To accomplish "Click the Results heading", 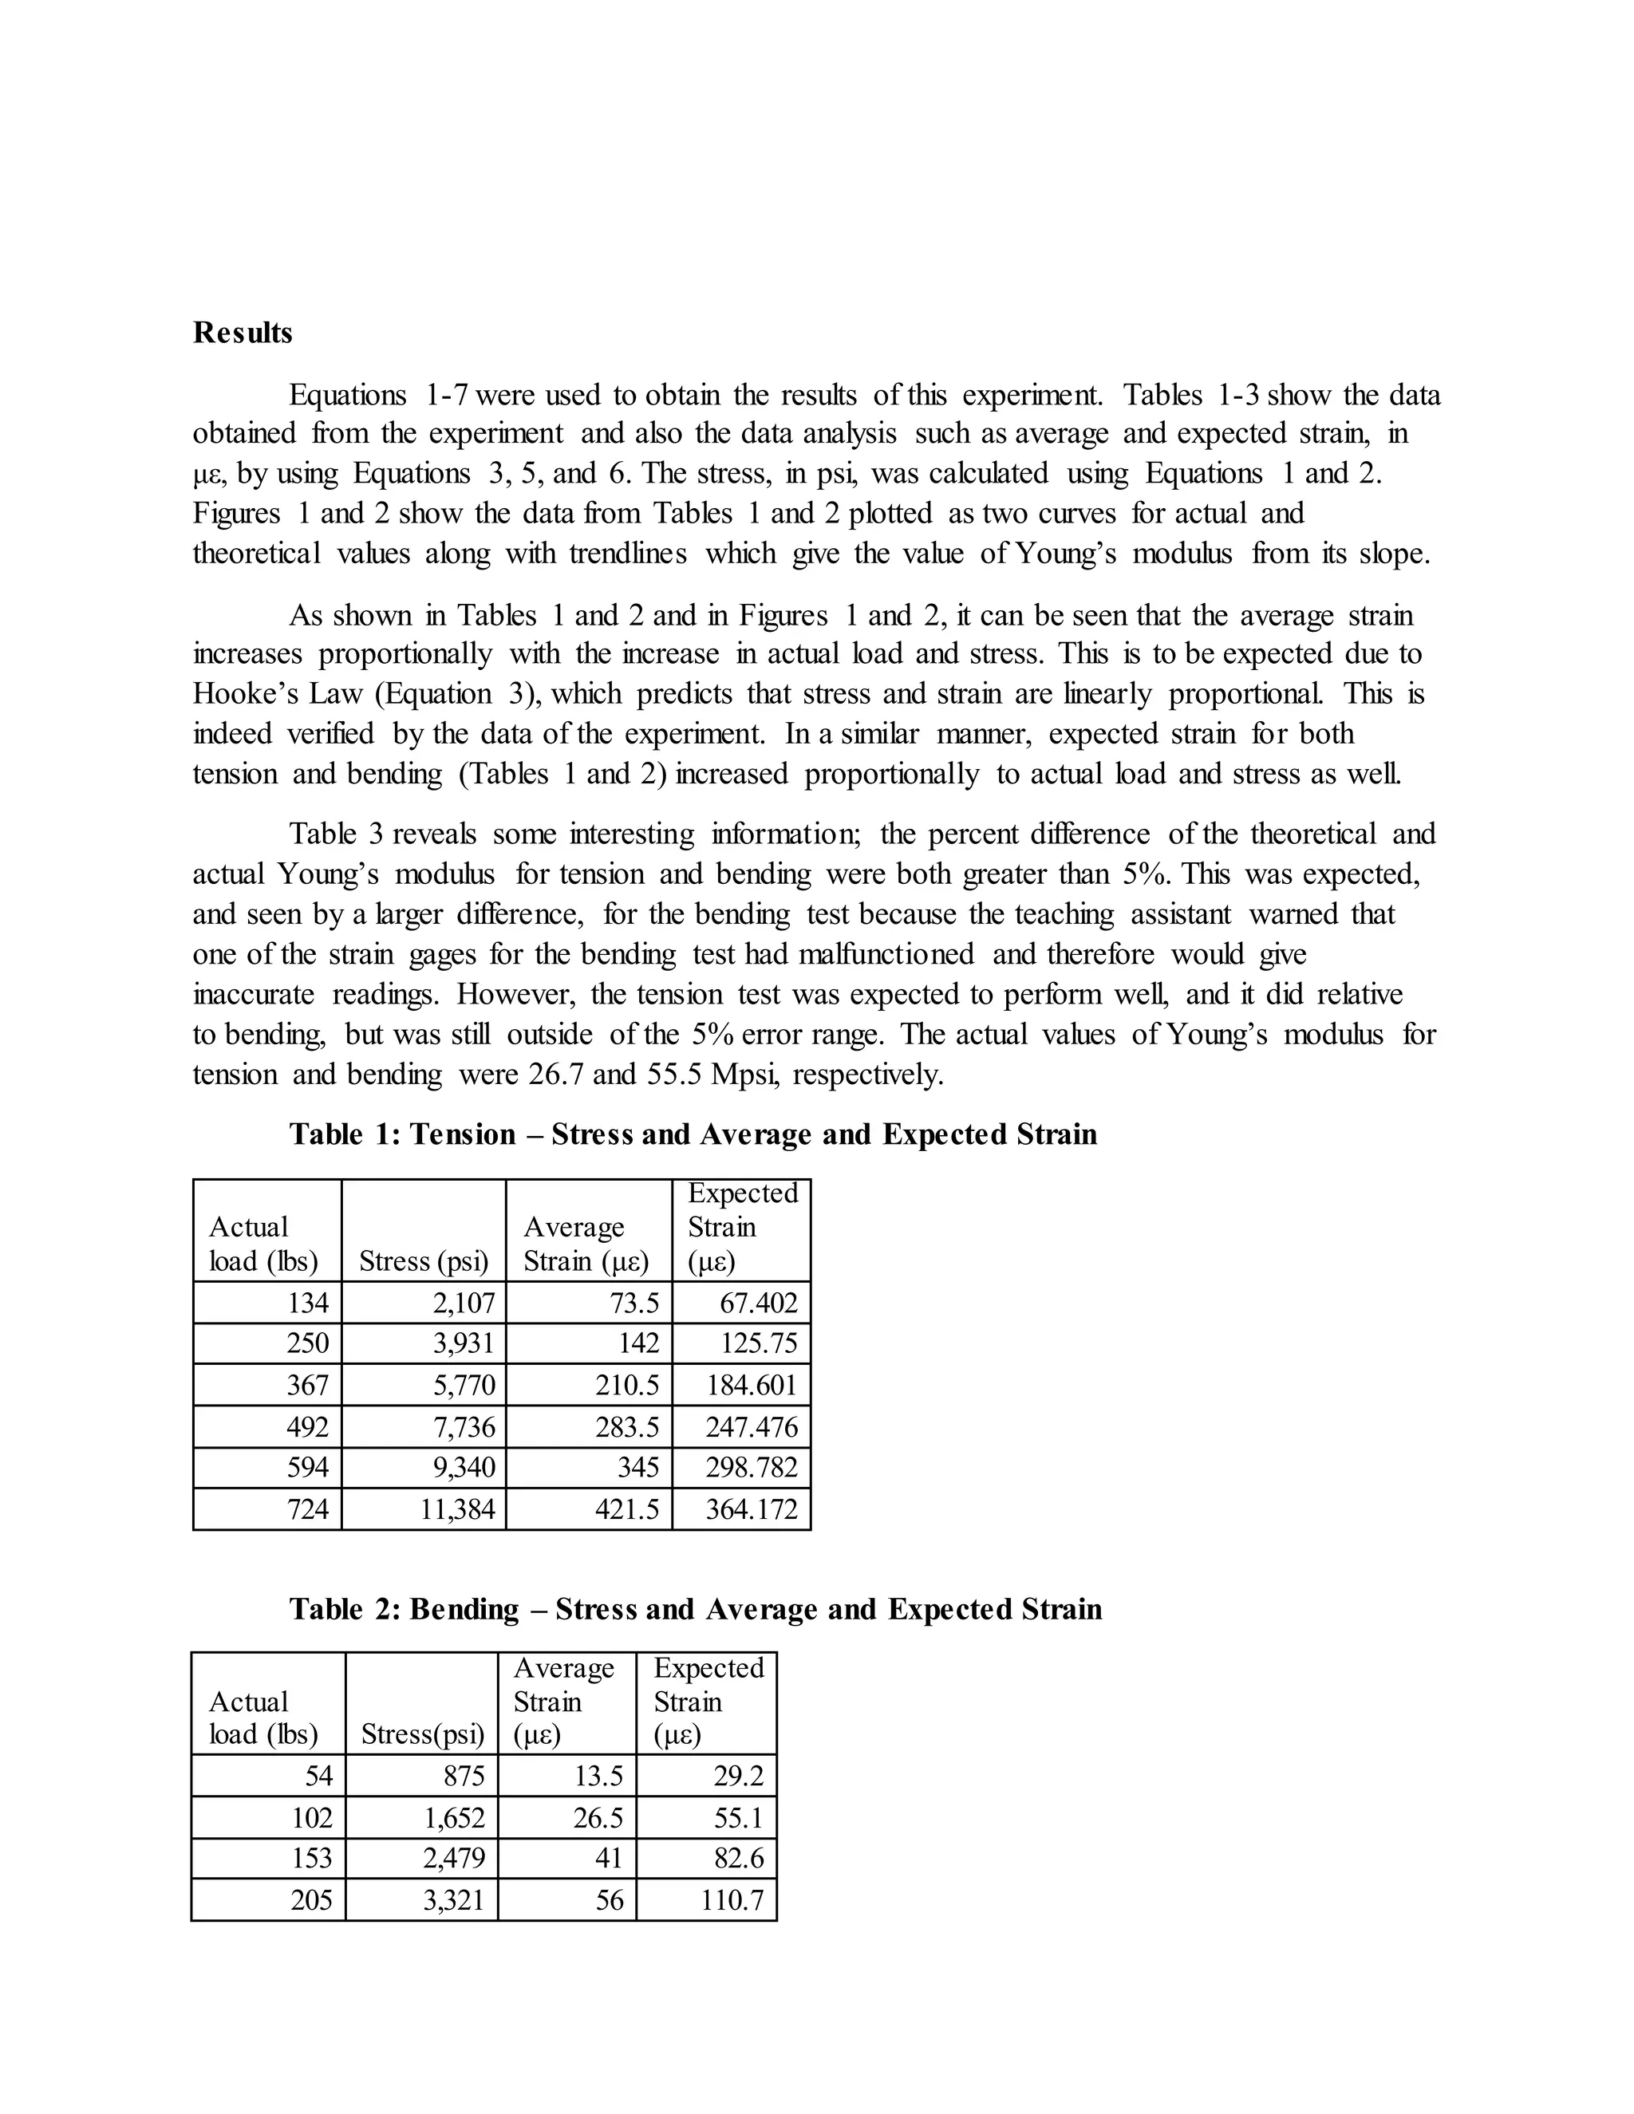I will [x=242, y=332].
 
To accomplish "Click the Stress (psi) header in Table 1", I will [x=423, y=1261].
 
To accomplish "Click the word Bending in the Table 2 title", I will [x=464, y=1609].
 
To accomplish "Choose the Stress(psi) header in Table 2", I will [x=422, y=1734].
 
